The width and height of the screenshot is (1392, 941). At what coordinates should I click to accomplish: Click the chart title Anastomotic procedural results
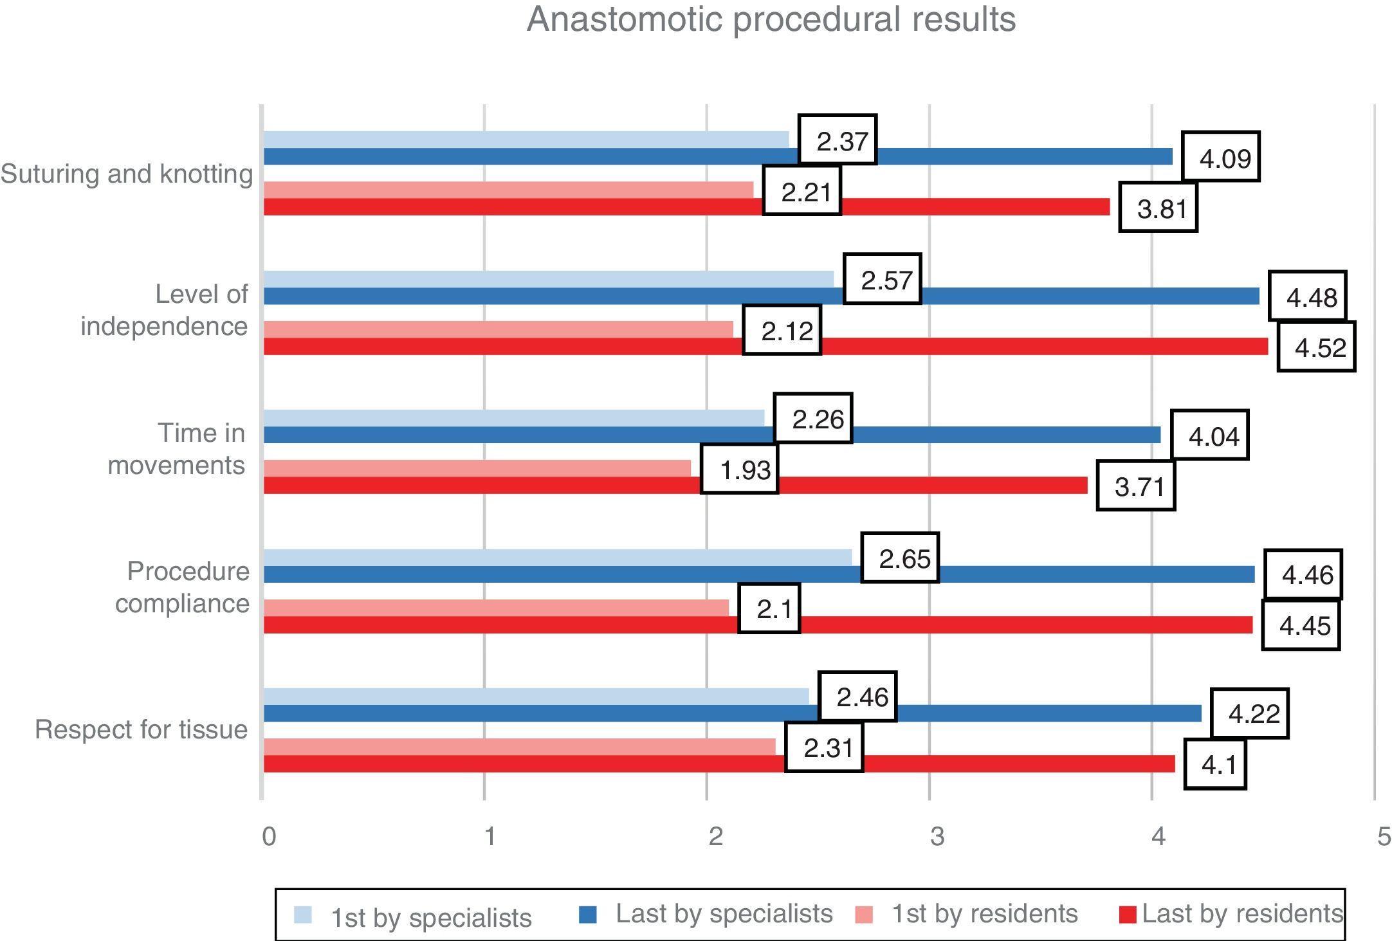pyautogui.click(x=771, y=19)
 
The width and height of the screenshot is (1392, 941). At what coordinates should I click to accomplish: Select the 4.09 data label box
pyautogui.click(x=1220, y=158)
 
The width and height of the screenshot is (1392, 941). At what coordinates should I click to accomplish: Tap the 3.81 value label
pyautogui.click(x=1158, y=208)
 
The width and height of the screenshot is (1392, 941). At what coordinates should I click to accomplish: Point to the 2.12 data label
pyautogui.click(x=782, y=330)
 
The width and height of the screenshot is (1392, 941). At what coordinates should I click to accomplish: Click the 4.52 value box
pyautogui.click(x=1316, y=347)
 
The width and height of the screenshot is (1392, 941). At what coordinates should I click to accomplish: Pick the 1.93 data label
pyautogui.click(x=740, y=469)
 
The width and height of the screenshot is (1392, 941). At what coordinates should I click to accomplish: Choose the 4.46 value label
pyautogui.click(x=1303, y=574)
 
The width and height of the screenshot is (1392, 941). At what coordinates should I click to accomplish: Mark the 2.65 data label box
pyautogui.click(x=900, y=558)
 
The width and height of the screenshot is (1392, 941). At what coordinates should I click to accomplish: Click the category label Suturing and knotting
pyautogui.click(x=127, y=174)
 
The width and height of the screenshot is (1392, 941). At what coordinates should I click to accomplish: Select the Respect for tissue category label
pyautogui.click(x=141, y=729)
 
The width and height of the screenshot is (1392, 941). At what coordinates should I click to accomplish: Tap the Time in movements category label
pyautogui.click(x=176, y=449)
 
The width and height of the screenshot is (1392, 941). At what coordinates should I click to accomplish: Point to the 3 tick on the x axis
pyautogui.click(x=936, y=836)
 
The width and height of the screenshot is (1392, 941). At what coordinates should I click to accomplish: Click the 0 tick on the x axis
pyautogui.click(x=269, y=836)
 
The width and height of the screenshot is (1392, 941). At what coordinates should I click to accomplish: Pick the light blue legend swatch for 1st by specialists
pyautogui.click(x=303, y=915)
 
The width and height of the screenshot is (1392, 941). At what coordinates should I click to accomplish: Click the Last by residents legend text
pyautogui.click(x=1242, y=914)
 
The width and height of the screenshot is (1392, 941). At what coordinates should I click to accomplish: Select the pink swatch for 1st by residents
pyautogui.click(x=864, y=915)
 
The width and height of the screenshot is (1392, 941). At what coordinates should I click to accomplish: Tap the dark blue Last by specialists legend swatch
pyautogui.click(x=587, y=915)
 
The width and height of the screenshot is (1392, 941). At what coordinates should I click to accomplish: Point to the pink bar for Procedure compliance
pyautogui.click(x=495, y=608)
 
